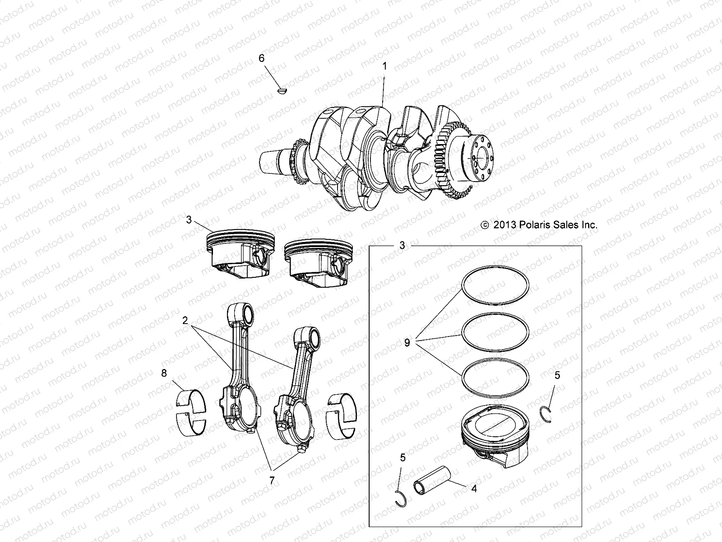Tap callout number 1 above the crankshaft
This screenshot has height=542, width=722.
(384, 66)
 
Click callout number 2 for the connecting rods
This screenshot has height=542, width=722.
(185, 321)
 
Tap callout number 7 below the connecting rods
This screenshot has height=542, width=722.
(272, 481)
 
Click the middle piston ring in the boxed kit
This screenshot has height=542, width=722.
(495, 333)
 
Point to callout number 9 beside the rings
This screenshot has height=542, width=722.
(407, 343)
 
